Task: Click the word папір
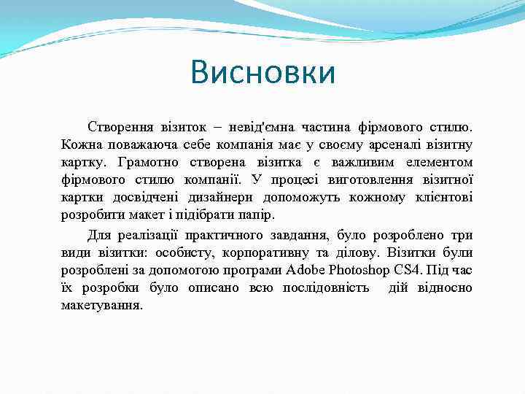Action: [x=262, y=215]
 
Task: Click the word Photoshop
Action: [x=362, y=270]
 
